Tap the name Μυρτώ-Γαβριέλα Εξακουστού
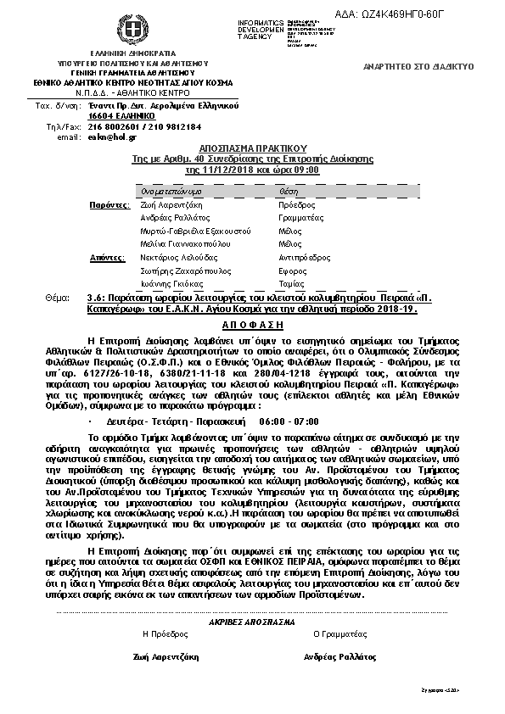[x=196, y=231]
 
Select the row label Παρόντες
[x=109, y=205]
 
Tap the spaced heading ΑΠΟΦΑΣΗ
[x=251, y=325]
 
